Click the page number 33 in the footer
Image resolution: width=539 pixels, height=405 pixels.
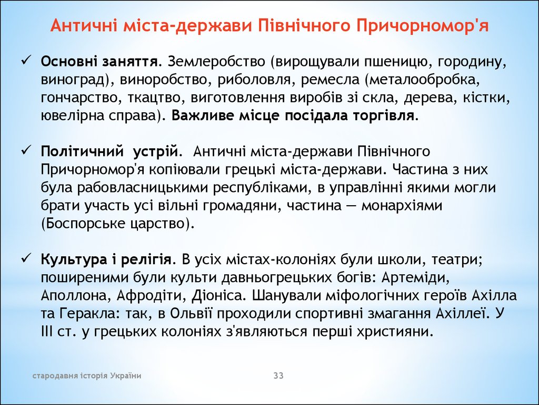[x=278, y=375]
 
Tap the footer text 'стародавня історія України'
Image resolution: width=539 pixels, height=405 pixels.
[x=87, y=375]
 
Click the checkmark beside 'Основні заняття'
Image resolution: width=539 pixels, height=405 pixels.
[x=26, y=61]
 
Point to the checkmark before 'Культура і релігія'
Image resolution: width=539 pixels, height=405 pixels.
[x=26, y=258]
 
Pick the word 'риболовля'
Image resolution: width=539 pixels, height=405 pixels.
[x=254, y=80]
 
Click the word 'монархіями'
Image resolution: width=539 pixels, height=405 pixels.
[x=402, y=206]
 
